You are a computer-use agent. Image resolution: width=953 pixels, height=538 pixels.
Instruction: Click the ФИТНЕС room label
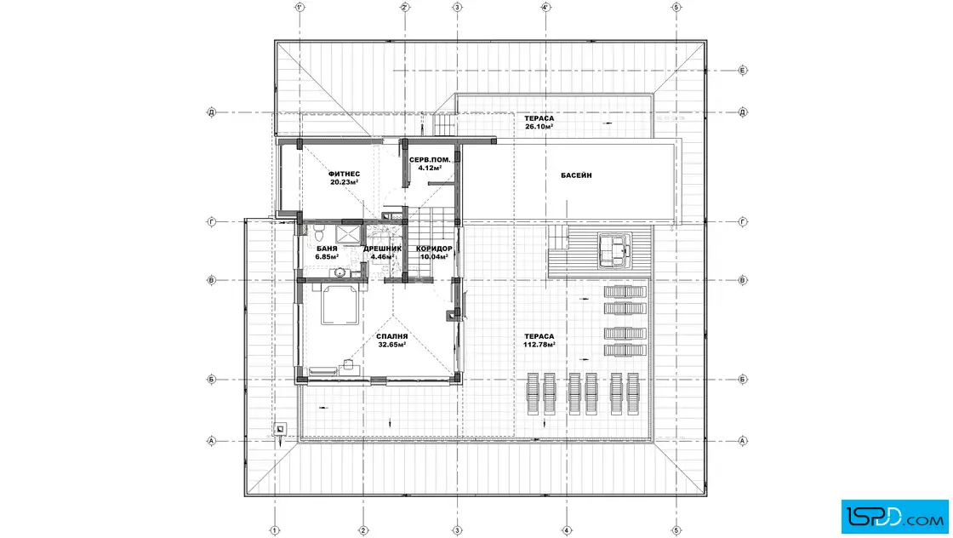click(x=344, y=174)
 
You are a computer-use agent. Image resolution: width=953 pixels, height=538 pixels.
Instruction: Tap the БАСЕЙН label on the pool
click(x=576, y=175)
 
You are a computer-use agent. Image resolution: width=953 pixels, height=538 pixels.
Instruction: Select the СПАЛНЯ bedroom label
click(x=392, y=336)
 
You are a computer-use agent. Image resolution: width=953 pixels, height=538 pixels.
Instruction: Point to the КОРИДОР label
click(x=434, y=249)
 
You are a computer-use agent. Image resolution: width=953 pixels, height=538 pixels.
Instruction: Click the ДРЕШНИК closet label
click(x=382, y=249)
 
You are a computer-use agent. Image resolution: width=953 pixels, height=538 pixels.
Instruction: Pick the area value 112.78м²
click(x=539, y=345)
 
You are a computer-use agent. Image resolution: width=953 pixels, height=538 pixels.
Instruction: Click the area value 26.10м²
click(x=539, y=127)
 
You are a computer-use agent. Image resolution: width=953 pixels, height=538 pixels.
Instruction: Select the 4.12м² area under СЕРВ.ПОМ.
click(x=430, y=168)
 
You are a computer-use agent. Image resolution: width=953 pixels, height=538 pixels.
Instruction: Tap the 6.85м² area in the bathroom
click(x=327, y=256)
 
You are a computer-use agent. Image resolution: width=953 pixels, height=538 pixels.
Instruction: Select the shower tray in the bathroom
click(x=348, y=234)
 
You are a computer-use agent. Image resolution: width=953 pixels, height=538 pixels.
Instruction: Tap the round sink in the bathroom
click(x=340, y=272)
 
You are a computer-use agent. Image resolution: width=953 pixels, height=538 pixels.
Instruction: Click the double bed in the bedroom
click(x=340, y=305)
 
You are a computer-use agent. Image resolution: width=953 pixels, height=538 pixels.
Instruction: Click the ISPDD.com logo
click(x=894, y=517)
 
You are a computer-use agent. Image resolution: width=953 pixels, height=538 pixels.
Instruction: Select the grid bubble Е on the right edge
click(x=743, y=71)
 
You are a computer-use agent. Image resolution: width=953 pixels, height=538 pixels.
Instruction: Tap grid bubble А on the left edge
click(x=212, y=441)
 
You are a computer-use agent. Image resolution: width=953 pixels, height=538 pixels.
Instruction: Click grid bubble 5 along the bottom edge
click(x=676, y=530)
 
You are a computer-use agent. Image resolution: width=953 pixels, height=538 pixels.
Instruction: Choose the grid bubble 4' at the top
click(x=545, y=8)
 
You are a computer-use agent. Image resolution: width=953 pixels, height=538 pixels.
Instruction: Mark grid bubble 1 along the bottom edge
click(x=275, y=530)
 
